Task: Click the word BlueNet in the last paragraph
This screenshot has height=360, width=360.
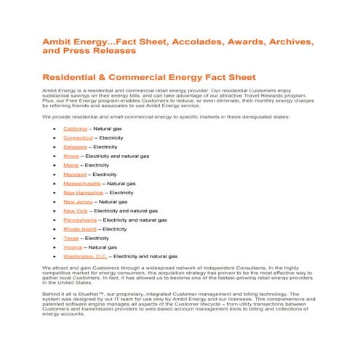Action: click(99, 294)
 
